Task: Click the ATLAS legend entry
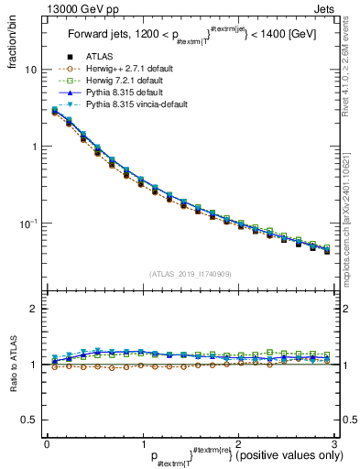[x=98, y=58]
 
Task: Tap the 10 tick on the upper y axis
[x=31, y=70]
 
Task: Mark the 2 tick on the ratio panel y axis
[x=34, y=309]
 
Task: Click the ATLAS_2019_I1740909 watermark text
[x=191, y=274]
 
